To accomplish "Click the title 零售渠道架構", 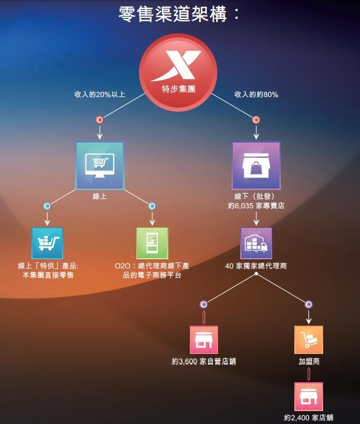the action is (x=173, y=14).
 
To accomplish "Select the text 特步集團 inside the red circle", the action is (x=178, y=89).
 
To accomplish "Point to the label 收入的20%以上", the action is (x=100, y=95).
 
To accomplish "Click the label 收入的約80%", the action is (x=256, y=95).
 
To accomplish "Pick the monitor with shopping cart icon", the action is (x=100, y=165).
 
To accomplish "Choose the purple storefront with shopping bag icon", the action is (x=256, y=165).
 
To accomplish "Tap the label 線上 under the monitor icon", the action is (x=100, y=196).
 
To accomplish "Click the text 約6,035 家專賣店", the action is (x=256, y=205).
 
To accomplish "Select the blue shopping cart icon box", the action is (x=47, y=243).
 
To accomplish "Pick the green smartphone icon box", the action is (x=152, y=243).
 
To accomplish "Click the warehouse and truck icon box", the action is (x=256, y=243).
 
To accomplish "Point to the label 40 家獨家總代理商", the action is (x=256, y=266).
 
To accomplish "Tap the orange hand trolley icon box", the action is (x=308, y=340).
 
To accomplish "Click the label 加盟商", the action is (x=309, y=361).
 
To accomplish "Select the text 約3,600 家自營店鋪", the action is (x=204, y=361).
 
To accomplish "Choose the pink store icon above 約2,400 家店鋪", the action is (x=308, y=397).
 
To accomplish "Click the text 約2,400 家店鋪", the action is (x=308, y=417).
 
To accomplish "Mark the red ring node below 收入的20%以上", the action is (x=100, y=120).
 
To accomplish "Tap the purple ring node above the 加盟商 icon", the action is (x=308, y=304).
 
